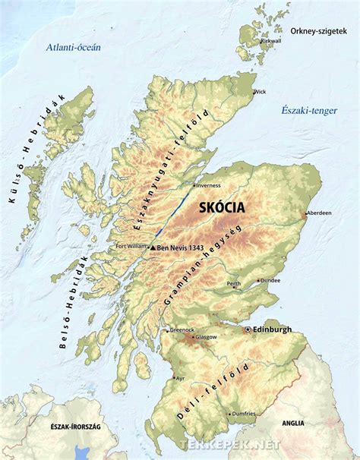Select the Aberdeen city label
pos(320,213)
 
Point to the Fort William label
pos(131,245)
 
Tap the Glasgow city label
pos(206,336)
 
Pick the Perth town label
pos(234,285)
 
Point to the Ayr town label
pos(180,378)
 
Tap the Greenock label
pos(182,329)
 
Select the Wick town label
pos(261,92)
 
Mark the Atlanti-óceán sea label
pos(73,47)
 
